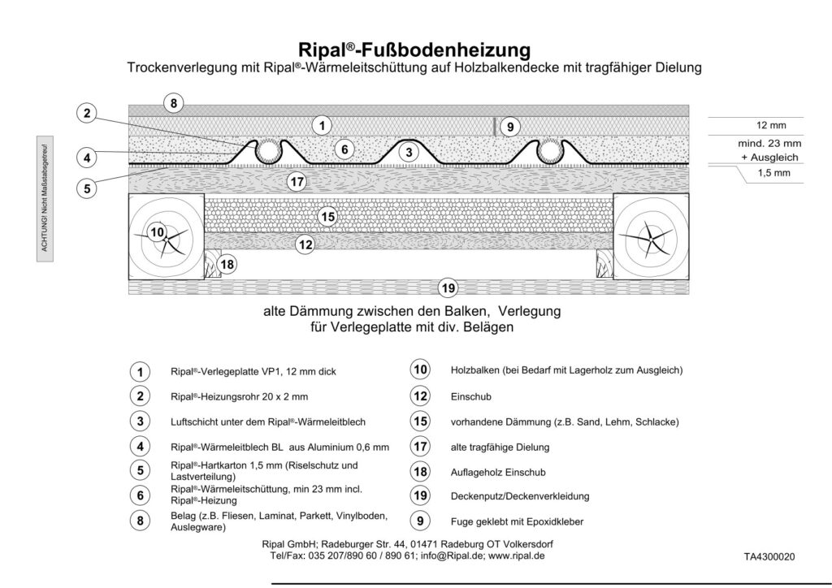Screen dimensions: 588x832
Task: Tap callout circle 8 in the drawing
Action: click(x=172, y=104)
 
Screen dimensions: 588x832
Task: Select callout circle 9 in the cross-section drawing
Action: click(x=509, y=126)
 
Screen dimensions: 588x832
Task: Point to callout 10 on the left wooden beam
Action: click(x=158, y=233)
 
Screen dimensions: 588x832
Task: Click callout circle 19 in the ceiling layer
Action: click(x=447, y=286)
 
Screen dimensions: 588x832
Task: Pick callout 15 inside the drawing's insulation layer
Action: click(x=327, y=217)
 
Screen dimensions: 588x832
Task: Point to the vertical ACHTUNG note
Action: click(x=47, y=200)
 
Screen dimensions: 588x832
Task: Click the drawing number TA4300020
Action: click(x=769, y=557)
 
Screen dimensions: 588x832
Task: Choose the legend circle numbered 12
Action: click(x=420, y=396)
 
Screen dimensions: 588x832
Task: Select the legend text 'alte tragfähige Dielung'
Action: click(x=500, y=447)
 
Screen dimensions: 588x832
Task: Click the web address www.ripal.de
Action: click(x=516, y=556)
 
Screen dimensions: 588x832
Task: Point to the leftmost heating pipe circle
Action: click(x=266, y=150)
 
